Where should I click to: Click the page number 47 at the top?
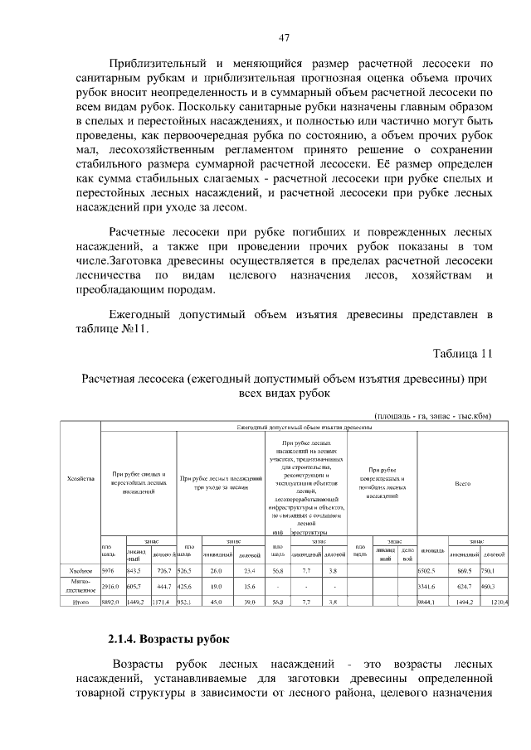point(284,37)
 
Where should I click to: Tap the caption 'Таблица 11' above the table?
point(463,353)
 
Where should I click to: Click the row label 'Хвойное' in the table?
point(80,571)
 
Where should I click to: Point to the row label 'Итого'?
point(80,601)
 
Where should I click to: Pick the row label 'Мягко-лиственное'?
point(80,586)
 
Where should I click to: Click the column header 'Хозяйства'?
point(80,478)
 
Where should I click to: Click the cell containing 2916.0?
point(110,586)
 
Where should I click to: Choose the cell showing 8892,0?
point(110,601)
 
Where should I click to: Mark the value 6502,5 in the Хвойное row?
point(430,571)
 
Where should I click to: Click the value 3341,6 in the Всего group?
point(430,586)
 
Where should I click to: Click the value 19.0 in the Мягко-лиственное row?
point(217,586)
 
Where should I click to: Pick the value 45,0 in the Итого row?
point(217,601)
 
